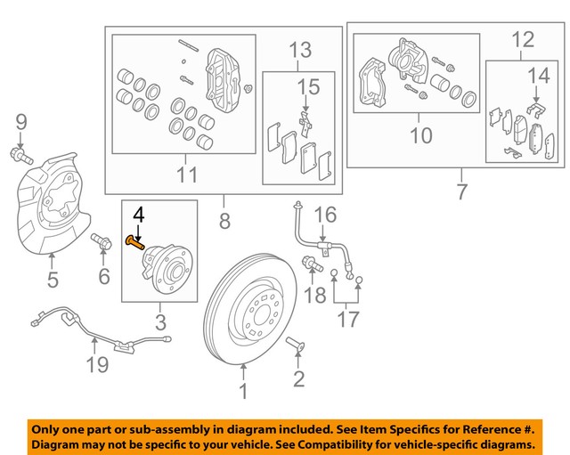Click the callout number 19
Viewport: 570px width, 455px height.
[x=97, y=363]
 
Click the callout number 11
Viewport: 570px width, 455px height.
[x=186, y=175]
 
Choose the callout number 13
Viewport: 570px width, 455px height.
[x=301, y=48]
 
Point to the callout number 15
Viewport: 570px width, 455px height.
[x=307, y=87]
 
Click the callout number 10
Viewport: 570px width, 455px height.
[x=420, y=135]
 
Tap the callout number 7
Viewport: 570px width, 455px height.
[x=460, y=191]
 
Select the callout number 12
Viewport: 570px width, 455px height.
[x=524, y=39]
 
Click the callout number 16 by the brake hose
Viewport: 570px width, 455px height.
[x=326, y=215]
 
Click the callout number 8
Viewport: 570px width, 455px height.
[x=224, y=218]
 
